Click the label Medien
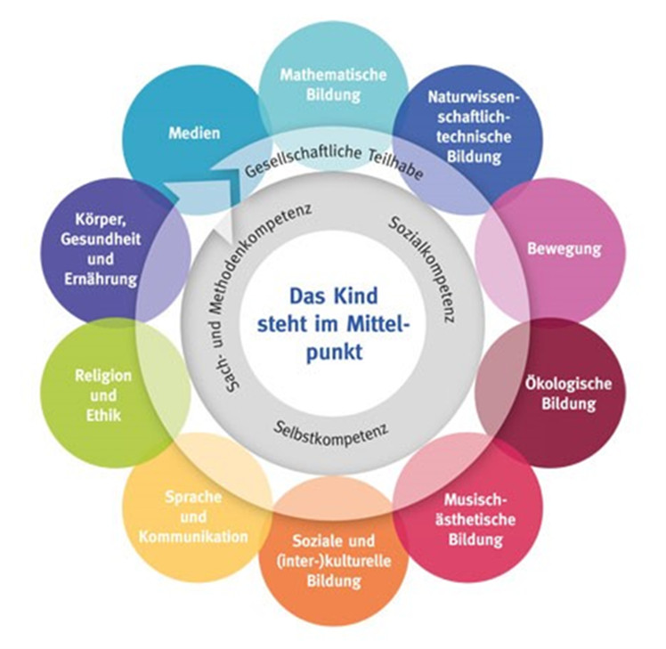[194, 133]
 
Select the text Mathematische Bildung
[333, 85]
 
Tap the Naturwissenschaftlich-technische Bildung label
[474, 127]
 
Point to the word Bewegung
[564, 249]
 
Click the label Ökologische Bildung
[568, 393]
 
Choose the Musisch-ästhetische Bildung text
[475, 519]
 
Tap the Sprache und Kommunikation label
[193, 517]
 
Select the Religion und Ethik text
[103, 395]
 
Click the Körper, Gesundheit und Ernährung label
[101, 249]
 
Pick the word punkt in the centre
[335, 353]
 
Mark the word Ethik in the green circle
[103, 415]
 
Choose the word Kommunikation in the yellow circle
[193, 537]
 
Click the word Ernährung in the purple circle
[101, 279]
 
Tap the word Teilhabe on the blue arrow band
[396, 166]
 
